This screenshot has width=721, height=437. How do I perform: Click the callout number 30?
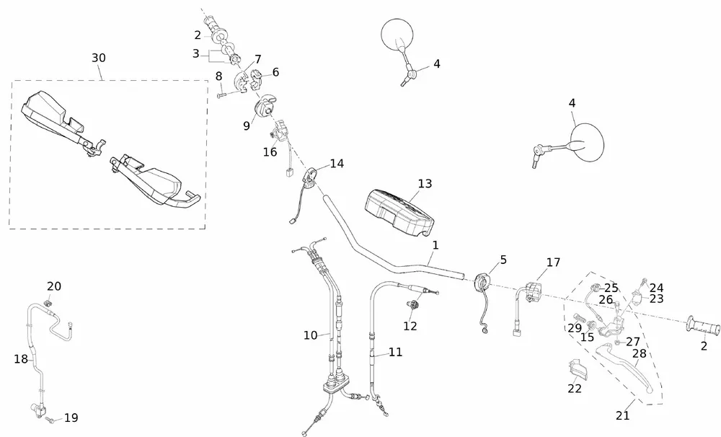pyautogui.click(x=99, y=58)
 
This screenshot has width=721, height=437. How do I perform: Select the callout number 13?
pyautogui.click(x=425, y=184)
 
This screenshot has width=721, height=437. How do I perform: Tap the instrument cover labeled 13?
pyautogui.click(x=397, y=209)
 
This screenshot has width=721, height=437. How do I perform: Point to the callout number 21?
pyautogui.click(x=623, y=415)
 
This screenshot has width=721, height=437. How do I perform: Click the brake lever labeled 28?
pyautogui.click(x=627, y=368)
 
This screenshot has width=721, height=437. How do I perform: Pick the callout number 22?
pyautogui.click(x=575, y=389)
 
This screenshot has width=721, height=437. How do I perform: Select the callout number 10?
pyautogui.click(x=310, y=335)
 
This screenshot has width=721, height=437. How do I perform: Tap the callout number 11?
pyautogui.click(x=395, y=353)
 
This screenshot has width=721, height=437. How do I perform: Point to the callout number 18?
pyautogui.click(x=20, y=358)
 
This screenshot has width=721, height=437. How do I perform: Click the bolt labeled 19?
pyautogui.click(x=50, y=418)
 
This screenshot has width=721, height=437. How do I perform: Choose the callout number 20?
pyautogui.click(x=54, y=286)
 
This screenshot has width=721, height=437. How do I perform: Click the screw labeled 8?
pyautogui.click(x=224, y=94)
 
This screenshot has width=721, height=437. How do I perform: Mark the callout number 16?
pyautogui.click(x=270, y=152)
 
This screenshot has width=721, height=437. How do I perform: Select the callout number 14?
pyautogui.click(x=337, y=164)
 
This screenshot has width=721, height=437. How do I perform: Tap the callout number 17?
pyautogui.click(x=553, y=262)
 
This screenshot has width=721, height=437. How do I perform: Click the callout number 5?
pyautogui.click(x=503, y=259)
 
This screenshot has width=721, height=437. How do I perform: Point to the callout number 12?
pyautogui.click(x=410, y=326)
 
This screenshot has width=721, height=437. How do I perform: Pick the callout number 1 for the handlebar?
pyautogui.click(x=435, y=245)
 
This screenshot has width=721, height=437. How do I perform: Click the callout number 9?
pyautogui.click(x=246, y=125)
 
